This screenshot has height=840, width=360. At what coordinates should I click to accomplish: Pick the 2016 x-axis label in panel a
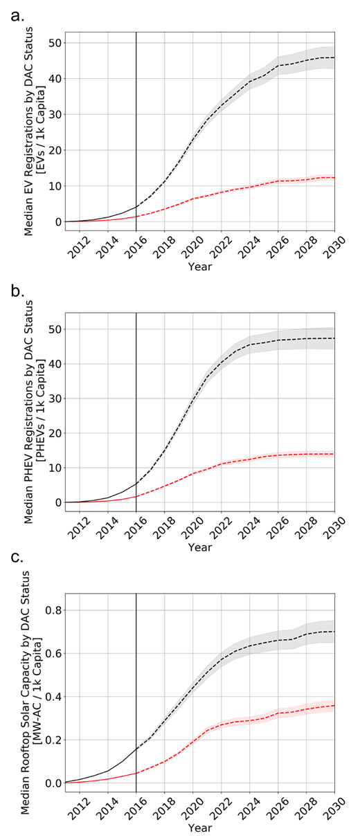132,247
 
